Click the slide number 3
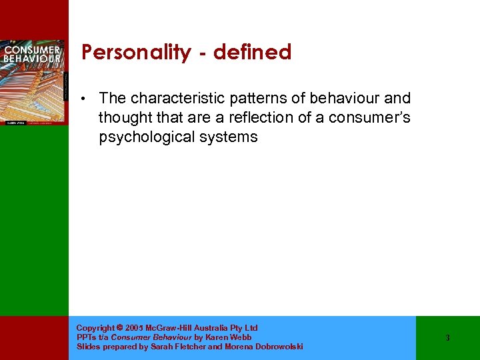click(x=447, y=338)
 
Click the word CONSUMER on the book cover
click(x=33, y=49)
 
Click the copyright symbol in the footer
click(x=119, y=328)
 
